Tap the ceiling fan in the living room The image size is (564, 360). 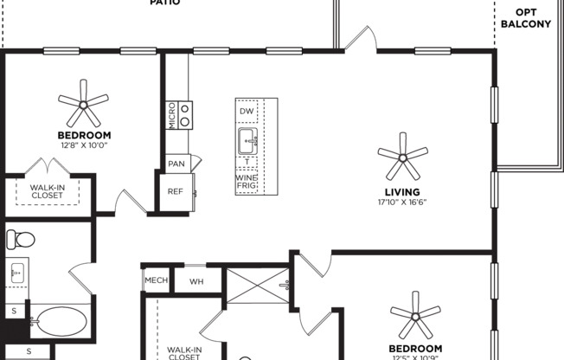click(x=402, y=156)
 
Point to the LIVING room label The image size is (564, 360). click(x=402, y=192)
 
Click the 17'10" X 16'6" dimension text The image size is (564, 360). click(x=402, y=203)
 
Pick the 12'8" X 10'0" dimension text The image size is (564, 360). click(x=84, y=145)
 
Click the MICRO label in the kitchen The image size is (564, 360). click(x=172, y=115)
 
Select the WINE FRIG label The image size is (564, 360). click(x=247, y=183)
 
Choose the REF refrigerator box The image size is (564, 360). click(x=175, y=192)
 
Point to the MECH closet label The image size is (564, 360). click(x=157, y=280)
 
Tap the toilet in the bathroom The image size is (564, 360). click(x=19, y=238)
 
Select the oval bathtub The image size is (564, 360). click(x=58, y=321)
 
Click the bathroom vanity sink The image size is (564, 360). click(x=17, y=273)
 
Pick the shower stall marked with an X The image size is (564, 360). click(x=257, y=285)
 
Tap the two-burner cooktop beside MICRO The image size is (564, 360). click(x=185, y=114)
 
